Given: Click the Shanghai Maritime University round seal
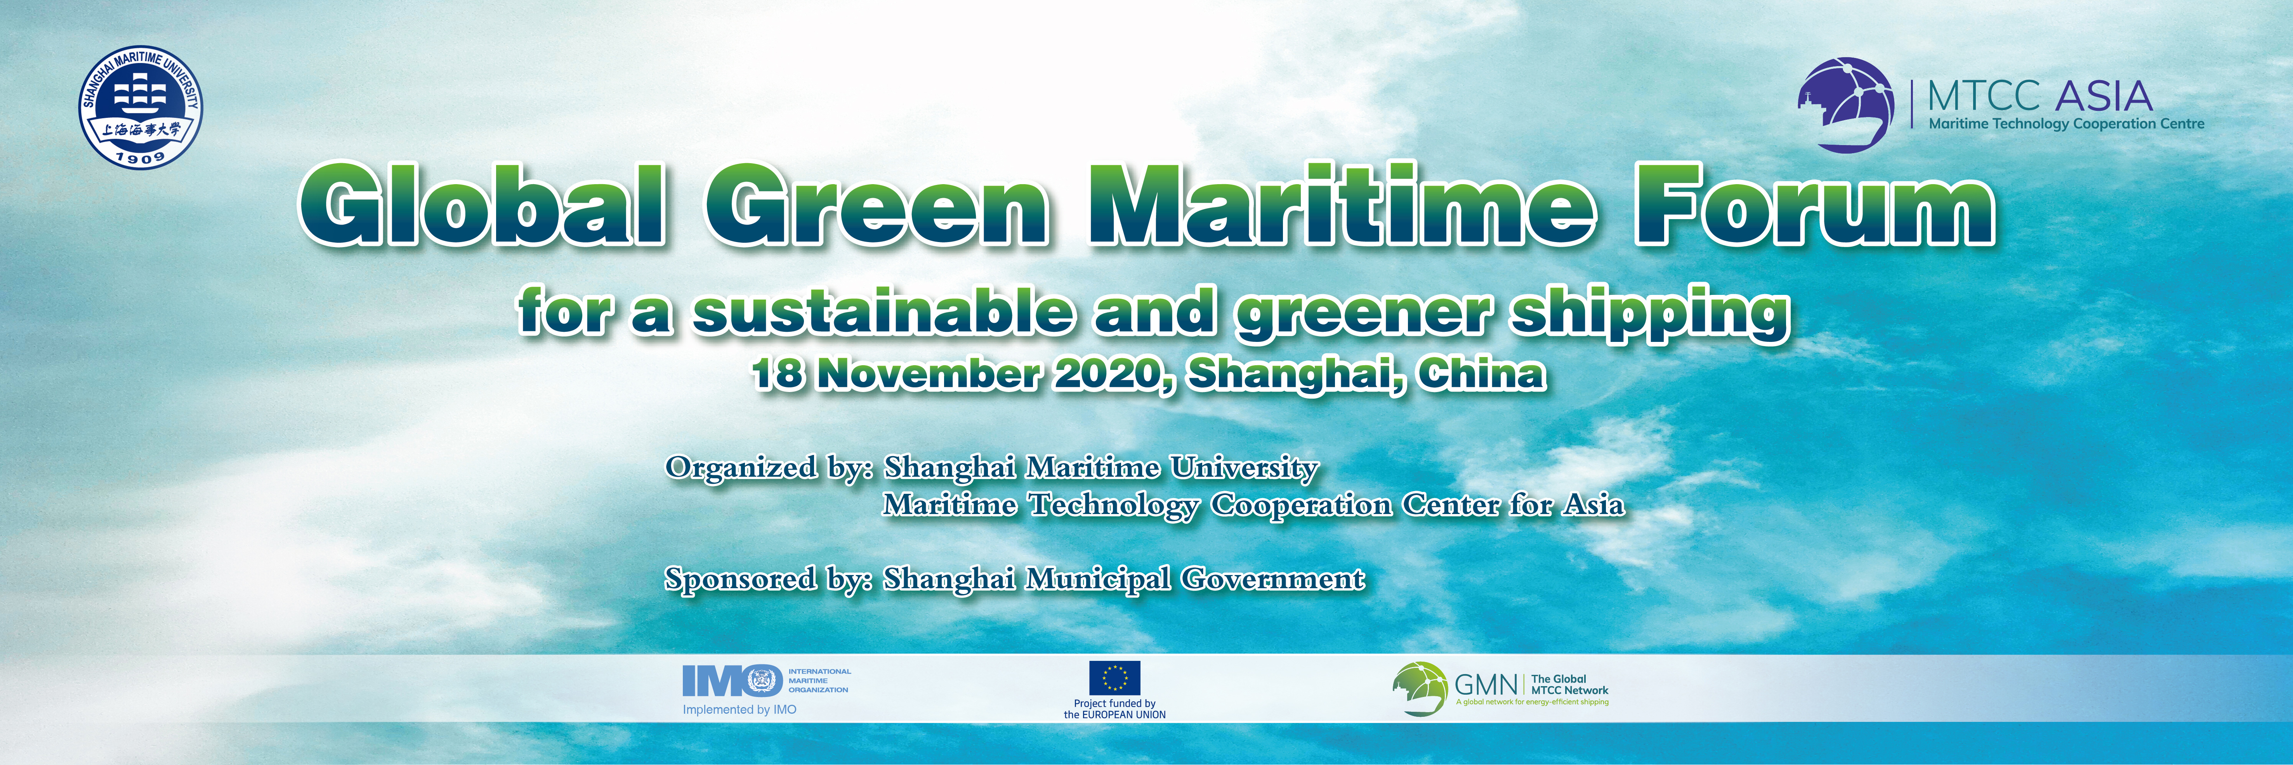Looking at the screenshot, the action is click(x=141, y=106).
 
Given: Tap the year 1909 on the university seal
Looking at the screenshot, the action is click(x=141, y=157).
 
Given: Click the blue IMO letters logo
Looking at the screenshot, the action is click(x=732, y=681).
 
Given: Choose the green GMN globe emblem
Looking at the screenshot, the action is click(x=1420, y=688).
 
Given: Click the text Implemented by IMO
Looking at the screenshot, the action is click(x=740, y=710).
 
